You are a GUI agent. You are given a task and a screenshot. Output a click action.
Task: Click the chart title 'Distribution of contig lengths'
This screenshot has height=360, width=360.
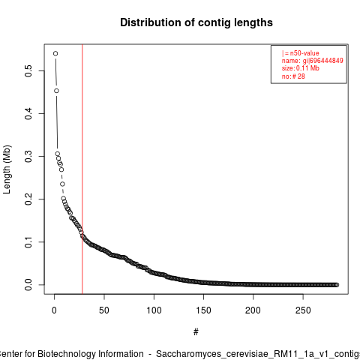click(196, 22)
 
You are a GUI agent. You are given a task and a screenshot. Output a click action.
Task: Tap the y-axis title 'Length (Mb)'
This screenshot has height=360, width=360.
click(7, 169)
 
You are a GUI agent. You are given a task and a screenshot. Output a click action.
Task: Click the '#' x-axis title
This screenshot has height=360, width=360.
click(196, 332)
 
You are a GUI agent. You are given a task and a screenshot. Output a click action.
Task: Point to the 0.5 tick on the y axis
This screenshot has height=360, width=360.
click(28, 70)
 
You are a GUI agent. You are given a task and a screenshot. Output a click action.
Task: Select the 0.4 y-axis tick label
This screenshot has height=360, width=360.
click(28, 113)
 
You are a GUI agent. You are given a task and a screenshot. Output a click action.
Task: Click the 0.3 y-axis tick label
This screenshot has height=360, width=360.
click(28, 156)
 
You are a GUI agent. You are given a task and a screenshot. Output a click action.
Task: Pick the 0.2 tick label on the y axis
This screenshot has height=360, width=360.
click(28, 199)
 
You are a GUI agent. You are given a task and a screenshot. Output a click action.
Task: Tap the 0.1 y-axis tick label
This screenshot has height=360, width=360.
click(28, 241)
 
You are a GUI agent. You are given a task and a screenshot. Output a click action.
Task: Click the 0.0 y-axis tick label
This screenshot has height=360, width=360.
click(28, 284)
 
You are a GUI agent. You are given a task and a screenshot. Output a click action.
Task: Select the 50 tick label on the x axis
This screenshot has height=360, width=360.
click(104, 310)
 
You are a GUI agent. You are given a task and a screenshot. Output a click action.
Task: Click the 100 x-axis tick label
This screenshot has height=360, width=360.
click(154, 310)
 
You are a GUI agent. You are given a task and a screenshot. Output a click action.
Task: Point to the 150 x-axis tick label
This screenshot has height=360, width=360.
click(203, 310)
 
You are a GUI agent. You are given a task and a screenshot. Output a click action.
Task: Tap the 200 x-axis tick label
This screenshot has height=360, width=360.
click(253, 310)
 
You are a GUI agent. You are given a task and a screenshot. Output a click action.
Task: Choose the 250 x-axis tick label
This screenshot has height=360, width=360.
click(303, 310)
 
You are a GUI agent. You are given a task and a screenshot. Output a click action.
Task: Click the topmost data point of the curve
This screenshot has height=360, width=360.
click(55, 53)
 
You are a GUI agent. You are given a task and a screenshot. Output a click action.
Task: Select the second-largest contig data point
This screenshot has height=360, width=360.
click(56, 91)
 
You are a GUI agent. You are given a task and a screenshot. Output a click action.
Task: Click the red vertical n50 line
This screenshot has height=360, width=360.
click(82, 169)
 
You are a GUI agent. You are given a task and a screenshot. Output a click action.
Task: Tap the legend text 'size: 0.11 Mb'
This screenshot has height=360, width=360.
click(300, 68)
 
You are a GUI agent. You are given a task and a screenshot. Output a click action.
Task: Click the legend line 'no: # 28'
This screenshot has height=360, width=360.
click(293, 76)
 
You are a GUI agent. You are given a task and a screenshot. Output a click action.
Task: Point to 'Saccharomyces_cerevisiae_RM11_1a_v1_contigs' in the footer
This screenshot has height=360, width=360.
click(258, 354)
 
